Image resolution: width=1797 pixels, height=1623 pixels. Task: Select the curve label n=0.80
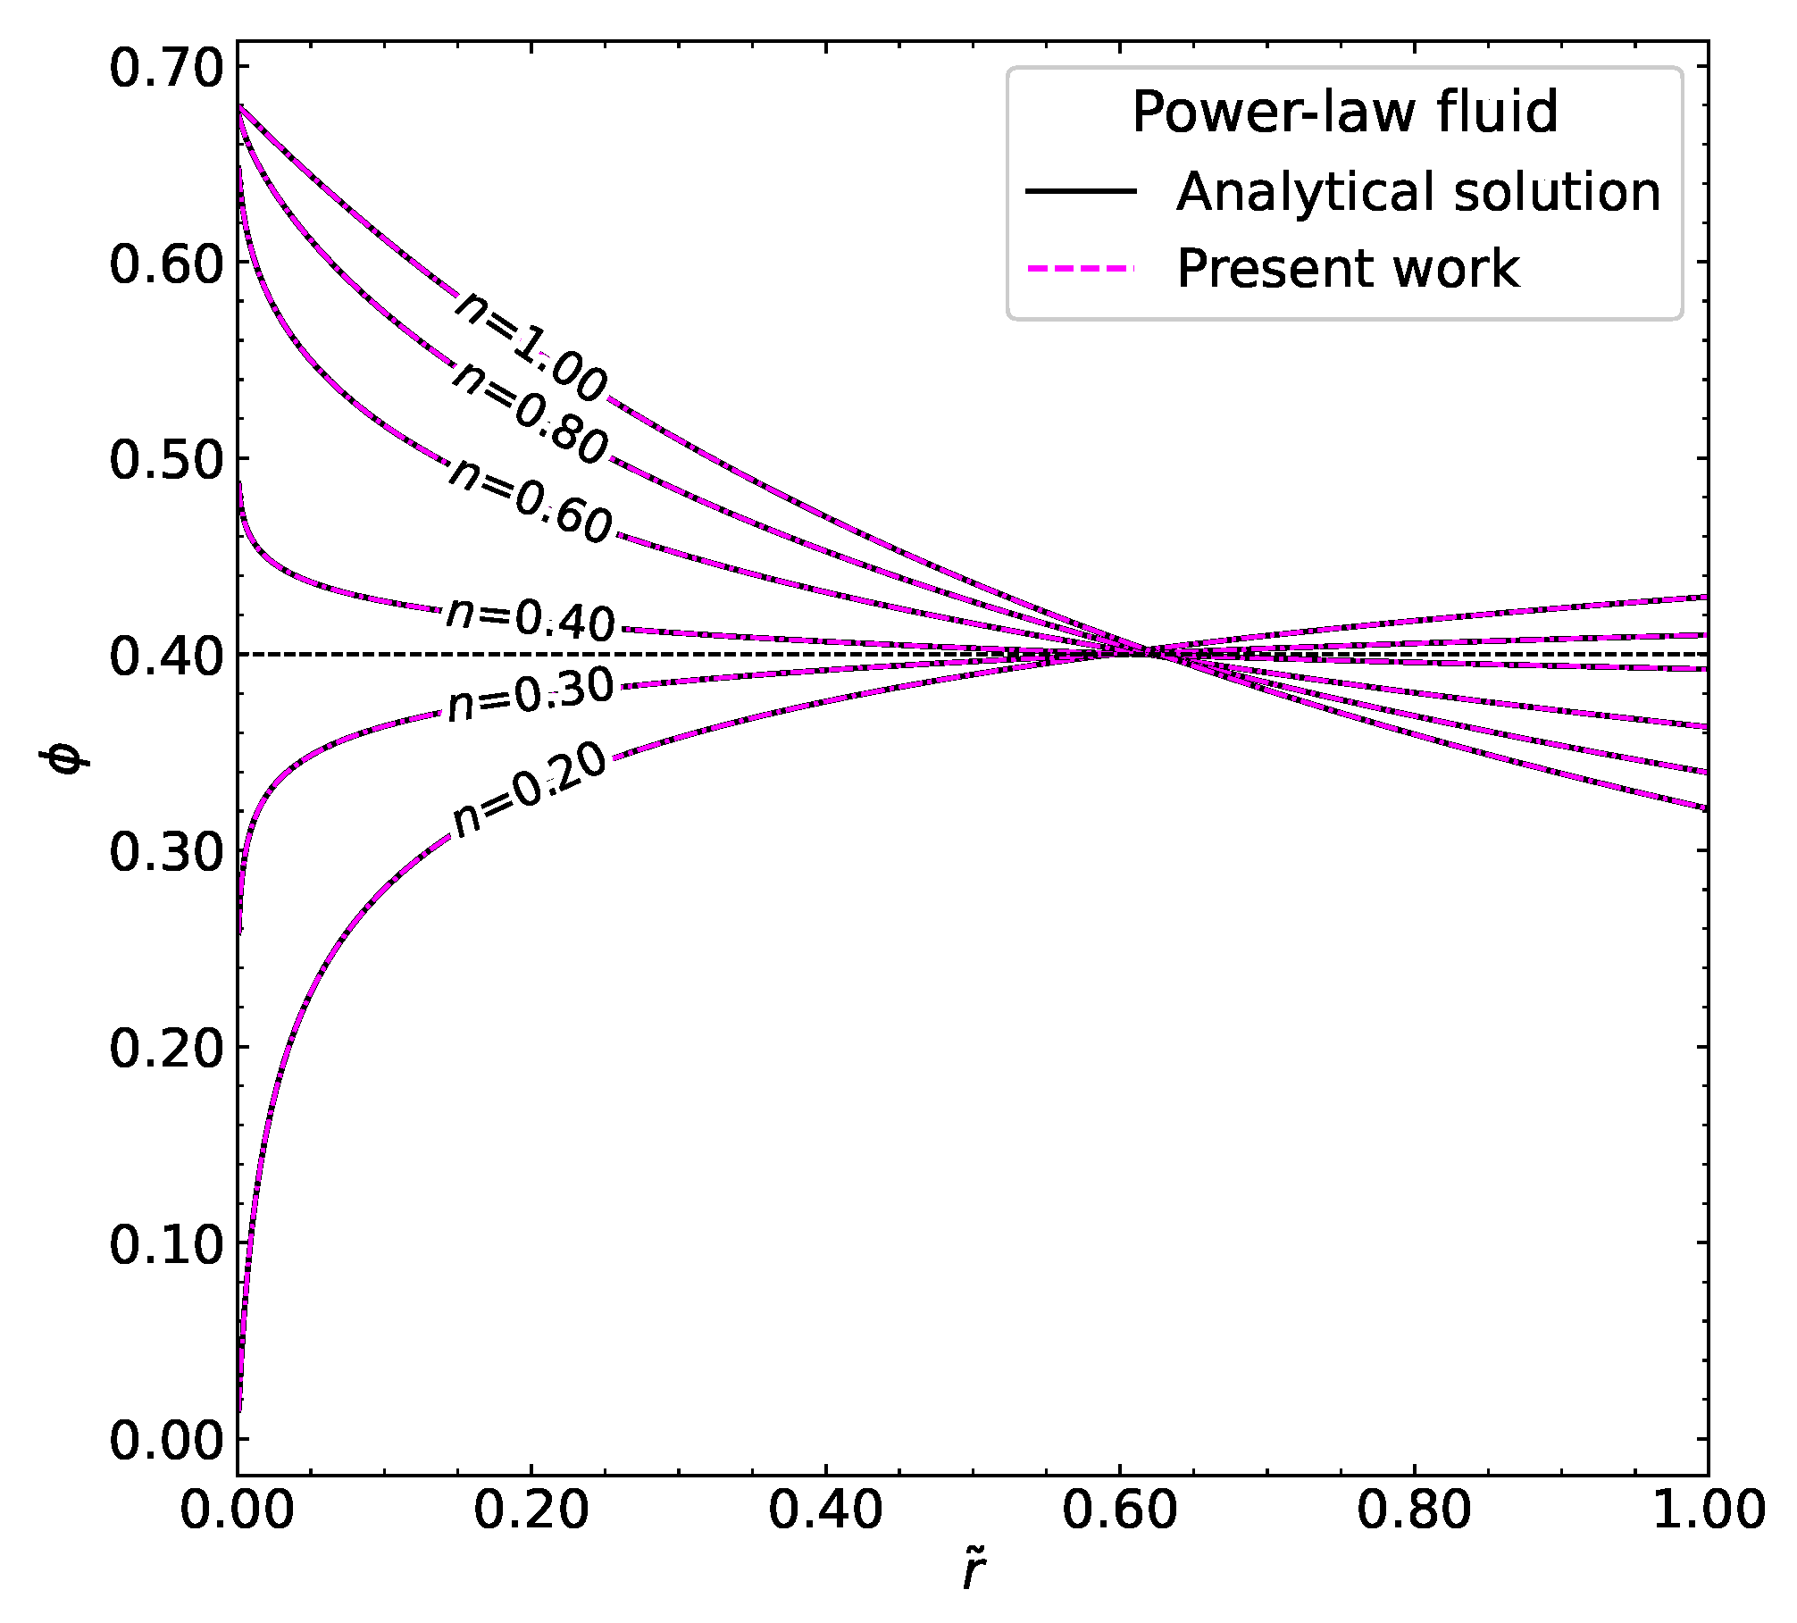(x=529, y=414)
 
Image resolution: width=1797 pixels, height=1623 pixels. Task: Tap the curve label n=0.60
(x=531, y=501)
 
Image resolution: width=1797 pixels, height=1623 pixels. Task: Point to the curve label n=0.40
(x=531, y=619)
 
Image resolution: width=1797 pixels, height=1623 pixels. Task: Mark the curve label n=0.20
(x=529, y=791)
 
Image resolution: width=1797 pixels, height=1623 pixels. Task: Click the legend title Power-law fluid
(x=1344, y=113)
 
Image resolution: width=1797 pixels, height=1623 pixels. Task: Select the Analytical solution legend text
(x=1417, y=191)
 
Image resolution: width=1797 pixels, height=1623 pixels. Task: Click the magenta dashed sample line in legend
(x=1081, y=268)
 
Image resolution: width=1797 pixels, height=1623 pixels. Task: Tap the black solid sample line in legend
(x=1081, y=191)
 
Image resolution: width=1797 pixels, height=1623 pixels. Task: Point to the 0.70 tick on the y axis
(x=165, y=68)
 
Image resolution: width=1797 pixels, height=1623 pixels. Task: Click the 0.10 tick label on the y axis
(x=165, y=1243)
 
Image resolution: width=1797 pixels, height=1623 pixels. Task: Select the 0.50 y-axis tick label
(x=165, y=460)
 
